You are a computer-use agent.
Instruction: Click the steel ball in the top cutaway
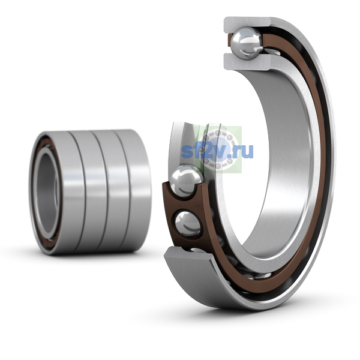pyautogui.click(x=247, y=43)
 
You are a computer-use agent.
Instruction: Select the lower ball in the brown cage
pyautogui.click(x=188, y=224)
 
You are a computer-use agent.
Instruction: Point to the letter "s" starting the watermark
pyautogui.click(x=187, y=152)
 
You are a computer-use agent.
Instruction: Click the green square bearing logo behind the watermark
pyautogui.click(x=218, y=149)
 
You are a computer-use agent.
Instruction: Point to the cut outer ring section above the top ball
pyautogui.click(x=248, y=25)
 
